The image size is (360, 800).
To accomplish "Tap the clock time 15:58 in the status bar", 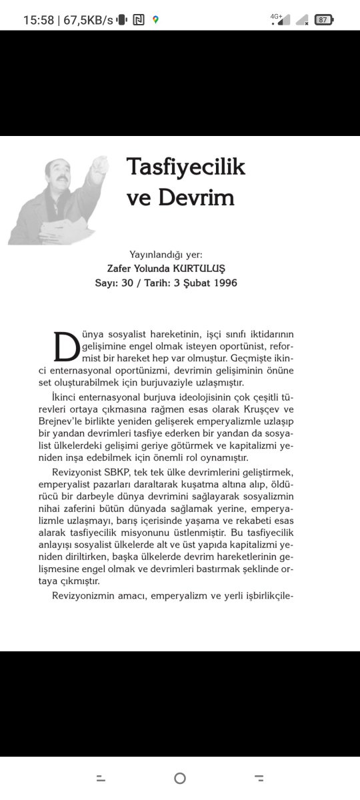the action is (38, 20).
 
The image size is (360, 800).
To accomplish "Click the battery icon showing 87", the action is (323, 20).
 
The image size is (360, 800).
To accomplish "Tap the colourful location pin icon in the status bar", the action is (155, 20).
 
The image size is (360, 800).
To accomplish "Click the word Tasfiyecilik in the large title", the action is (186, 167).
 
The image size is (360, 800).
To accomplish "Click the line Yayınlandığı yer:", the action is (166, 254).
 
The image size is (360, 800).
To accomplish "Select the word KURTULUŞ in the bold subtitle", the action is (199, 268).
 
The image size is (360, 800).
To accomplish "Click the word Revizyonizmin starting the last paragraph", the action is (84, 595).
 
